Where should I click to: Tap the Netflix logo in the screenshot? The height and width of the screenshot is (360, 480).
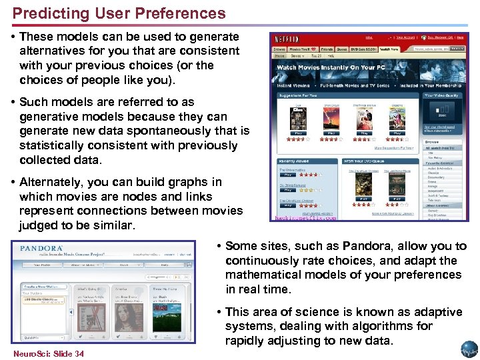pos(286,39)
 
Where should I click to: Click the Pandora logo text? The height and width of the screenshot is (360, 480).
pos(42,248)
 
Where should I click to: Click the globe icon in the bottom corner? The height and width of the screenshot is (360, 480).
pos(469,350)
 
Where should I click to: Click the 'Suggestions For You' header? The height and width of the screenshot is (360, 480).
pos(299,97)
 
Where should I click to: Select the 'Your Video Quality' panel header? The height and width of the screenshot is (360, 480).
pos(443,96)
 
